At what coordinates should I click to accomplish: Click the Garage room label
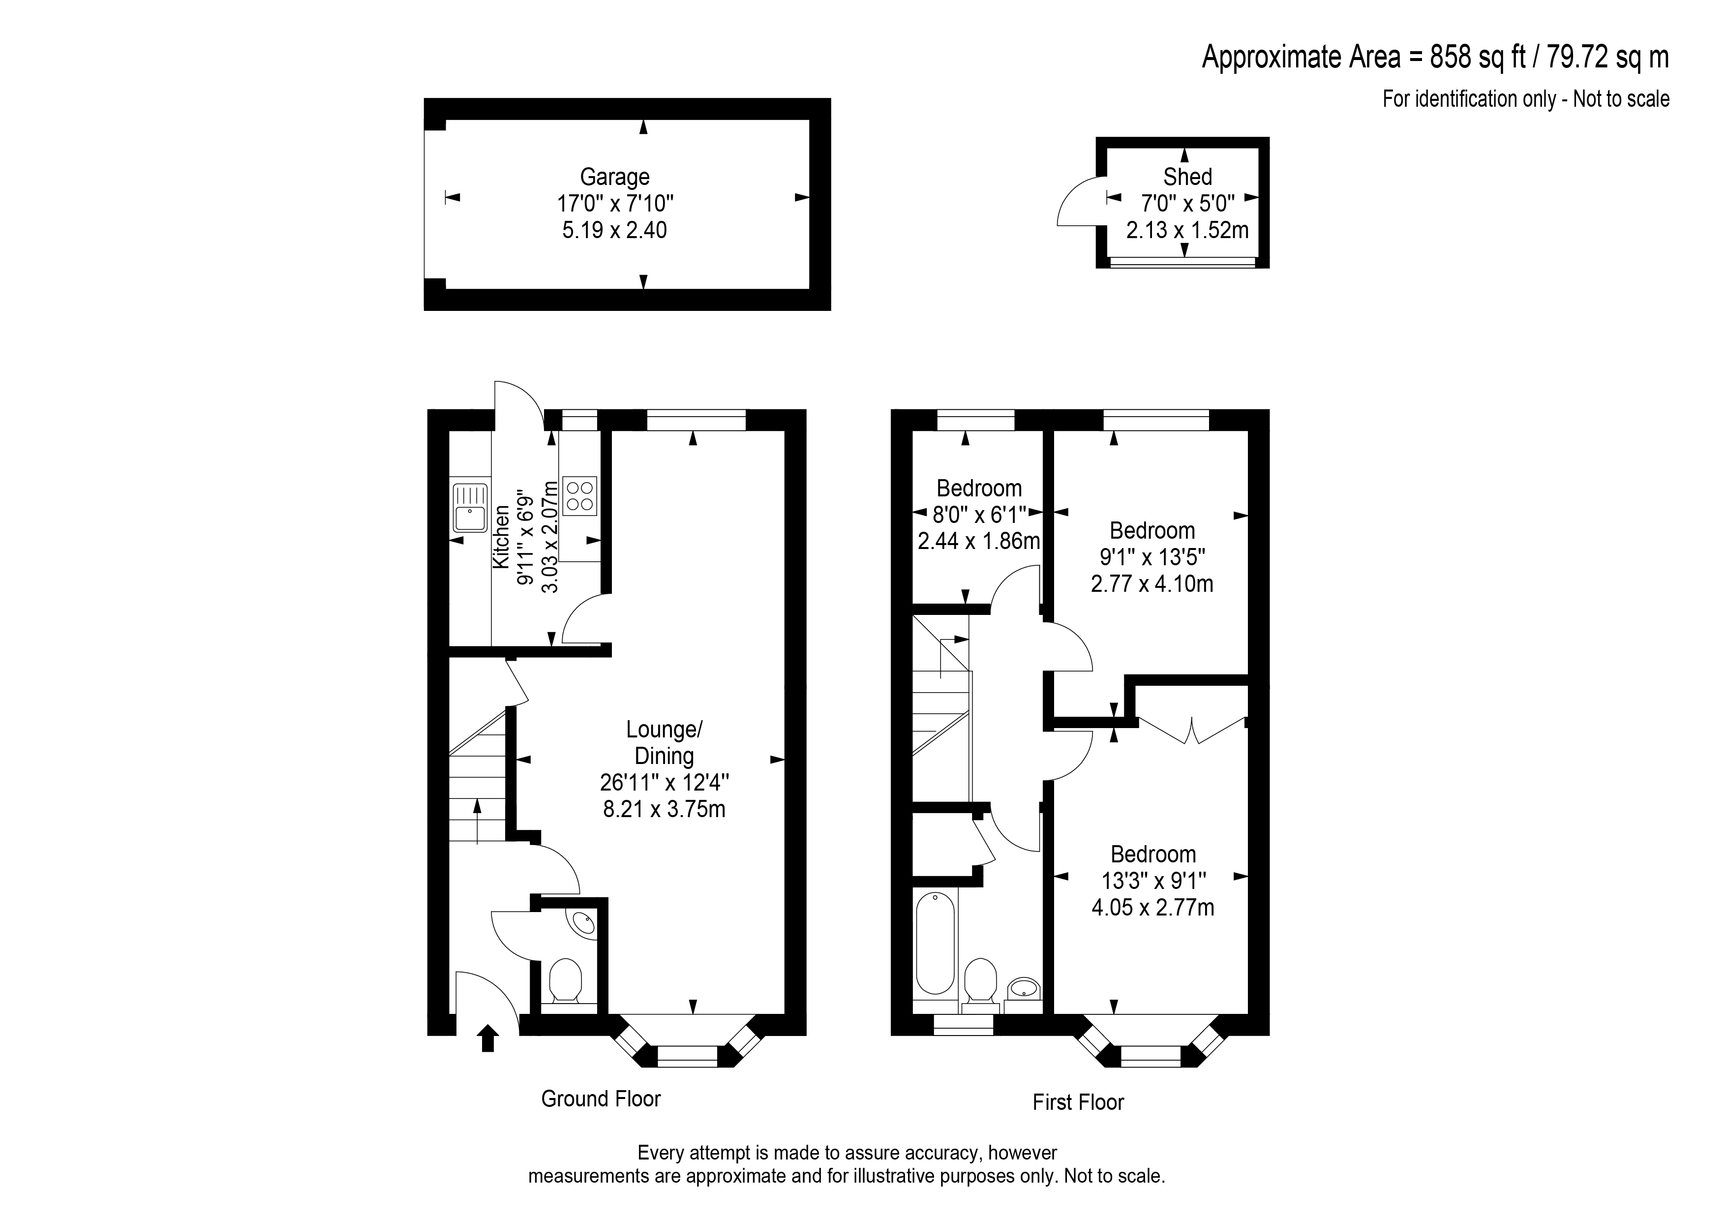click(x=614, y=177)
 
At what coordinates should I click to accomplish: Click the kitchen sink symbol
click(x=470, y=508)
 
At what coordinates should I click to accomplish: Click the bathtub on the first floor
click(x=935, y=943)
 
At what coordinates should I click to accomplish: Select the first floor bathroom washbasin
click(x=1023, y=987)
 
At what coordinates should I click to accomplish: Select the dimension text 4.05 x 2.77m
click(x=1152, y=908)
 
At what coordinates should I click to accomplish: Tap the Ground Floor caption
click(x=601, y=1099)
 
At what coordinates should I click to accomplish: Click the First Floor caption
click(x=1078, y=1102)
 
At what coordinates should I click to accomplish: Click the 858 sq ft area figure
click(x=1479, y=57)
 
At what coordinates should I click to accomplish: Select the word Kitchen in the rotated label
click(x=501, y=537)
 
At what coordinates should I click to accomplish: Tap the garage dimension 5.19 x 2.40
click(x=614, y=230)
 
